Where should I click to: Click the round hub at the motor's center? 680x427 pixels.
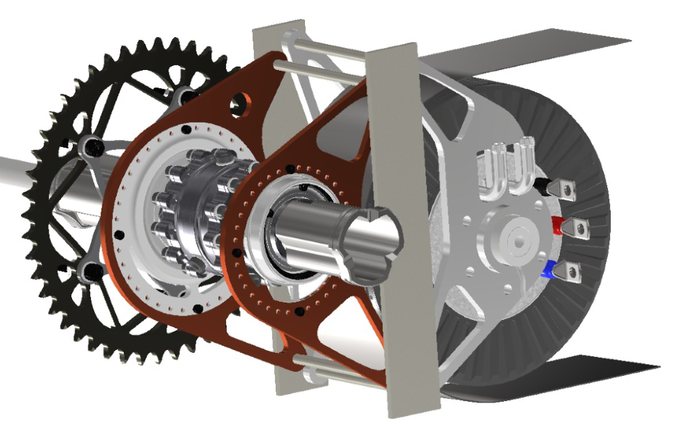point(518,239)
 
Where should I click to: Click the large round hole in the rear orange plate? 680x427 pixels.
point(242,104)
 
